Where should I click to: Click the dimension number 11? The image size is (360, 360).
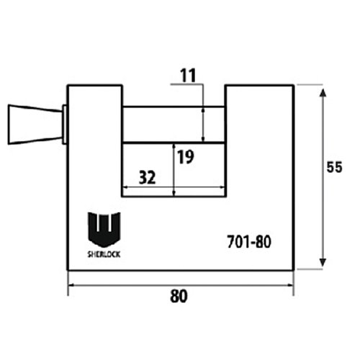188,76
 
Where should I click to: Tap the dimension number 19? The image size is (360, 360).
186,157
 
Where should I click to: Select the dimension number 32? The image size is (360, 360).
148,178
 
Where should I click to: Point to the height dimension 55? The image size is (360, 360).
334,167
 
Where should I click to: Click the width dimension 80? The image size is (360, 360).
179,296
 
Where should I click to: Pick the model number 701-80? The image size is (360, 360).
249,241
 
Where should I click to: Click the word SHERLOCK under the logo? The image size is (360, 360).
104,254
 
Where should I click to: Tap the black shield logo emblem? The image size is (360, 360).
104,230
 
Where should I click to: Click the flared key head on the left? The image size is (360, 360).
35,125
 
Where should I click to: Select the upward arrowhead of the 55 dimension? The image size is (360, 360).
323,93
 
